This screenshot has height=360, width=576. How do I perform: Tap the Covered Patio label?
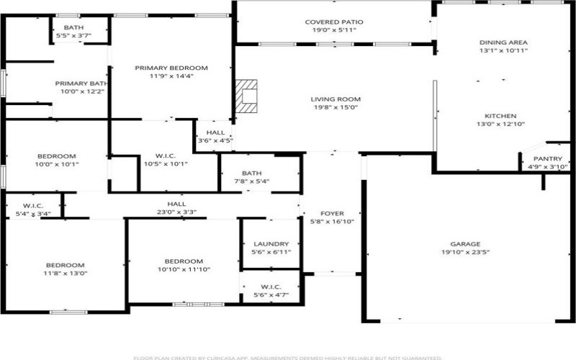(333, 22)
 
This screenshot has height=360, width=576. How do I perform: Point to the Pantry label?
(546, 158)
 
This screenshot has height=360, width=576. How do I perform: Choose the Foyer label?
(332, 213)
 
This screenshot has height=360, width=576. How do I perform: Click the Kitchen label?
(500, 115)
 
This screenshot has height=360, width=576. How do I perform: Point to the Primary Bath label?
(81, 84)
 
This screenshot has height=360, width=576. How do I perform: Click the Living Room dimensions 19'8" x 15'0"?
(335, 107)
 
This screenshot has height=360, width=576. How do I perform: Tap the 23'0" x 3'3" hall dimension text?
(176, 212)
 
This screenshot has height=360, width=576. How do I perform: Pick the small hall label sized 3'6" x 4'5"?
(215, 132)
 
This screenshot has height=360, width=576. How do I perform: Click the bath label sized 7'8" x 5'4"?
(251, 173)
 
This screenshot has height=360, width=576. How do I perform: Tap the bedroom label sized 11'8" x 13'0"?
(65, 265)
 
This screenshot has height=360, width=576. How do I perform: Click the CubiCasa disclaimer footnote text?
(288, 357)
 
